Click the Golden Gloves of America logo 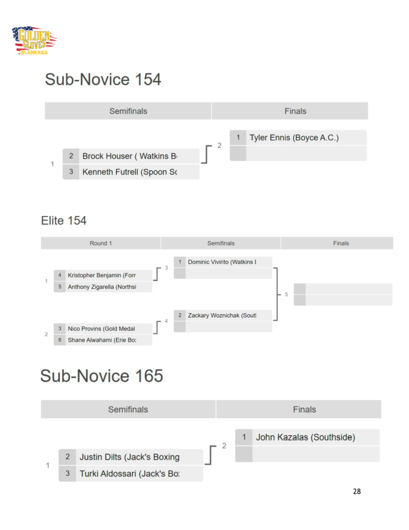(34, 41)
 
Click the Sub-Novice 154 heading (103, 80)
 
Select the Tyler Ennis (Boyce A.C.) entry (294, 138)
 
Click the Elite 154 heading (64, 221)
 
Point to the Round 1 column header (101, 243)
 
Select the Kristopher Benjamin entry (102, 275)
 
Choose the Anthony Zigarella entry (102, 287)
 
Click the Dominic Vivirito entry (222, 262)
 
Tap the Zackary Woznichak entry (222, 315)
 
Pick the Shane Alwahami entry (102, 340)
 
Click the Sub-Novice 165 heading (102, 376)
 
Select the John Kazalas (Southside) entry (306, 437)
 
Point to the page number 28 (357, 491)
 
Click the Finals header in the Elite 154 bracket (341, 243)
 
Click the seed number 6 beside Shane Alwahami (60, 340)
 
